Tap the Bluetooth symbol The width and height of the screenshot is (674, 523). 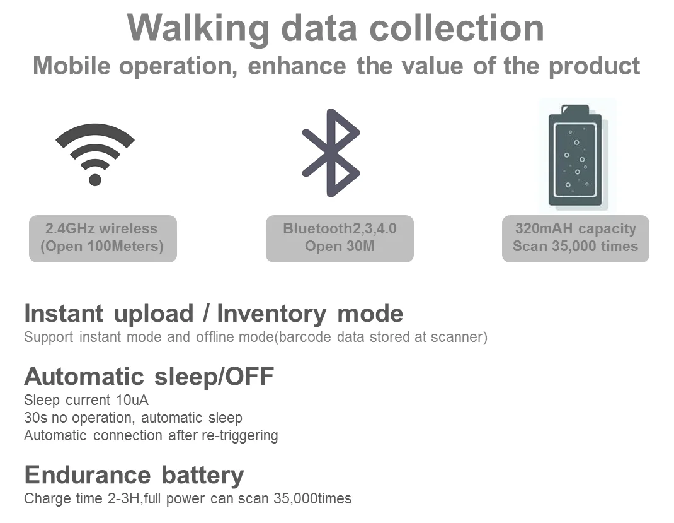[x=331, y=153]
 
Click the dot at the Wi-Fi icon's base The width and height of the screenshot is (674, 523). [x=95, y=180]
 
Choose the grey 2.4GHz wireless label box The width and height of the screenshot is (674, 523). [x=103, y=238]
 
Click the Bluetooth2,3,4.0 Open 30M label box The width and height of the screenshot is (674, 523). [x=340, y=238]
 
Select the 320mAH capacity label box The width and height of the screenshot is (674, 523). [x=575, y=238]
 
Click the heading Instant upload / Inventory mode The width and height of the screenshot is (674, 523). [x=214, y=314]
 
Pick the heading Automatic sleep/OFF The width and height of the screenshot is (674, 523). [x=149, y=377]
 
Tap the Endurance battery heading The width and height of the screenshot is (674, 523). [x=134, y=474]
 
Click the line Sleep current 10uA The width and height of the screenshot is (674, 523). [x=86, y=400]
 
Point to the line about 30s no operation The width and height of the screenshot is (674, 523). [x=133, y=418]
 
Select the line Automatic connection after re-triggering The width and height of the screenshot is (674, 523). [x=151, y=435]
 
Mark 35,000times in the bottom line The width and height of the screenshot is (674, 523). [x=312, y=498]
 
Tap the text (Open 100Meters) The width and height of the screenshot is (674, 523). [x=102, y=247]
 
